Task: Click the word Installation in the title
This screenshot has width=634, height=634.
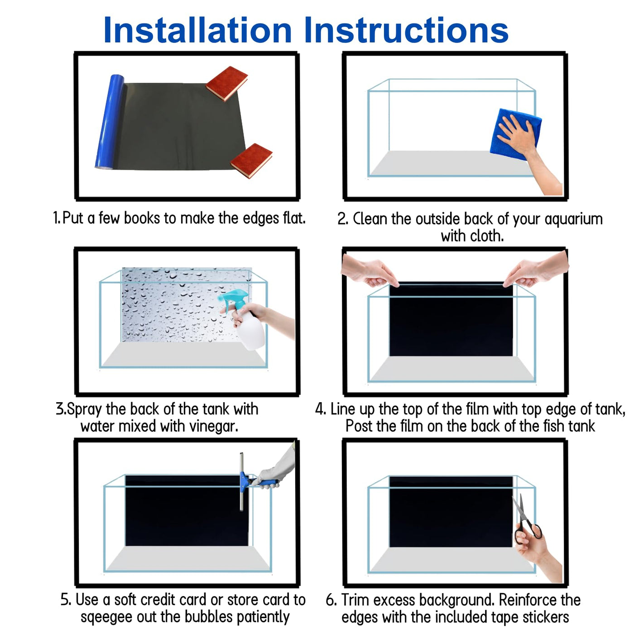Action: tap(197, 30)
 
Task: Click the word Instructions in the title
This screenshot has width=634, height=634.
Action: tap(407, 30)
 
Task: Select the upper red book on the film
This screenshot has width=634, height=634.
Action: tap(227, 83)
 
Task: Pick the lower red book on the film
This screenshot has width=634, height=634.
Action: tap(251, 161)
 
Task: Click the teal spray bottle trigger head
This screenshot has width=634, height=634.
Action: tap(232, 298)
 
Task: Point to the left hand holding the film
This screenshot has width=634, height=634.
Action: tap(369, 271)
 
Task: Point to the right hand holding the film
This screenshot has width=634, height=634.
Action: tap(536, 269)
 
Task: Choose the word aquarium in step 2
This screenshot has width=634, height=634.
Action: tap(573, 219)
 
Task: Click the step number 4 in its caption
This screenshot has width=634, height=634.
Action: tap(319, 409)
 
